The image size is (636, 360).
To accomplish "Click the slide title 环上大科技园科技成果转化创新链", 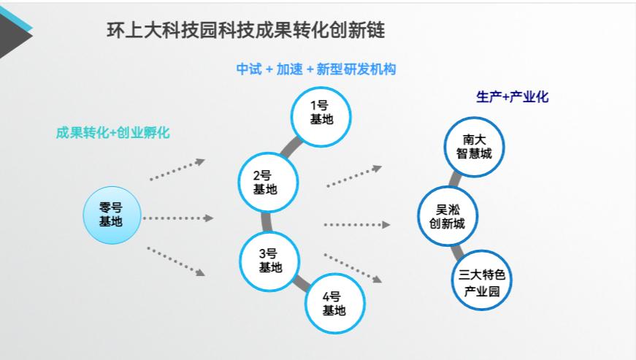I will point(246,31).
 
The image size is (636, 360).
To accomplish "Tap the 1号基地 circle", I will point(321,112).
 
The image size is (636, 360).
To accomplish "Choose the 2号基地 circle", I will point(269,183).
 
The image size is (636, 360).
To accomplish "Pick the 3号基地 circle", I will point(270,261).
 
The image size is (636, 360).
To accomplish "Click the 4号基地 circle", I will point(334,303).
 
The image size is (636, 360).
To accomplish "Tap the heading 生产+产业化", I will point(511,97).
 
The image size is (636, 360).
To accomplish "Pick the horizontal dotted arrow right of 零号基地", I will point(177,218).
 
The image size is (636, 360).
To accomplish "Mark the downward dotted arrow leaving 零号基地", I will point(175,261).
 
